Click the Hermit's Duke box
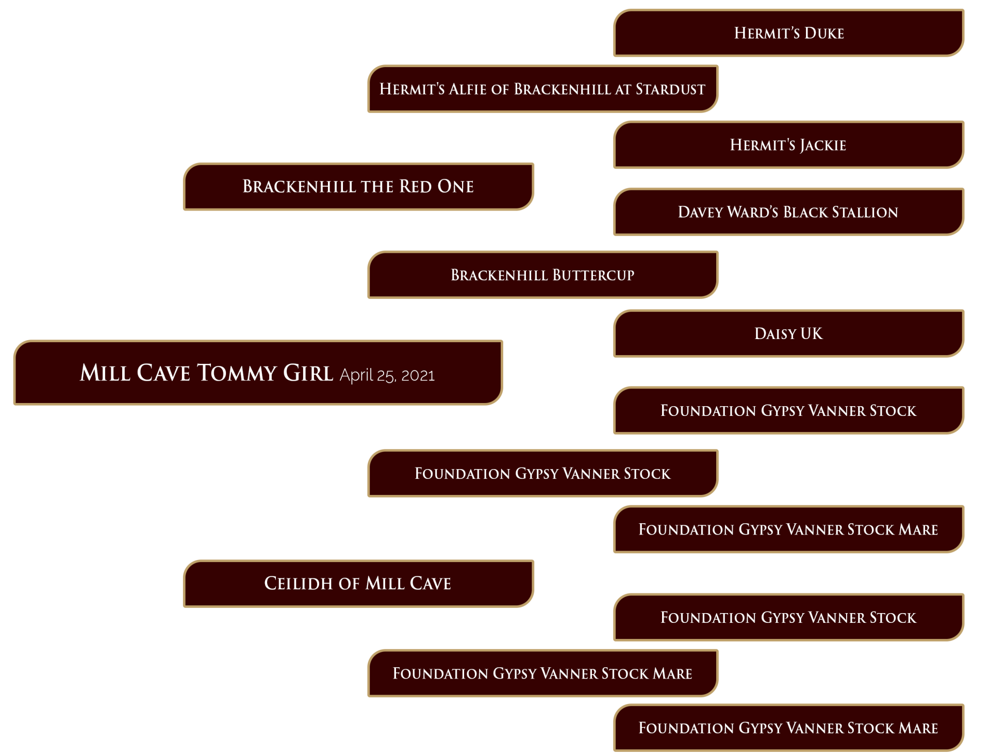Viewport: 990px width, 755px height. click(x=788, y=33)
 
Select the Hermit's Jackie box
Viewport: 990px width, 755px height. click(x=788, y=144)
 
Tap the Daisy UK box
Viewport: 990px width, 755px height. click(x=788, y=333)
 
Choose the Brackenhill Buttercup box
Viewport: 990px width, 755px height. click(x=542, y=275)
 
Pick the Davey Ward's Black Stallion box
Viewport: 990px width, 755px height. click(x=788, y=212)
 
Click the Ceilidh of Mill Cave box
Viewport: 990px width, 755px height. click(x=358, y=583)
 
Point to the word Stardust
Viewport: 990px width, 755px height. click(x=670, y=89)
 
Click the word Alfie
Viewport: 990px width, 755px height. click(x=468, y=89)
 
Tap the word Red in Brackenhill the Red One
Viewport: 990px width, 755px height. click(x=416, y=186)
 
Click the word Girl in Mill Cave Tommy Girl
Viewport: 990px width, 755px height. click(x=308, y=373)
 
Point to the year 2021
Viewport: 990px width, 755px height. click(x=418, y=376)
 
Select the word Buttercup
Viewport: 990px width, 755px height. click(x=587, y=275)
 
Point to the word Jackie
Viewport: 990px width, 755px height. click(x=823, y=145)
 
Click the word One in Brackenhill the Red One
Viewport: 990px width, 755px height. click(x=456, y=186)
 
